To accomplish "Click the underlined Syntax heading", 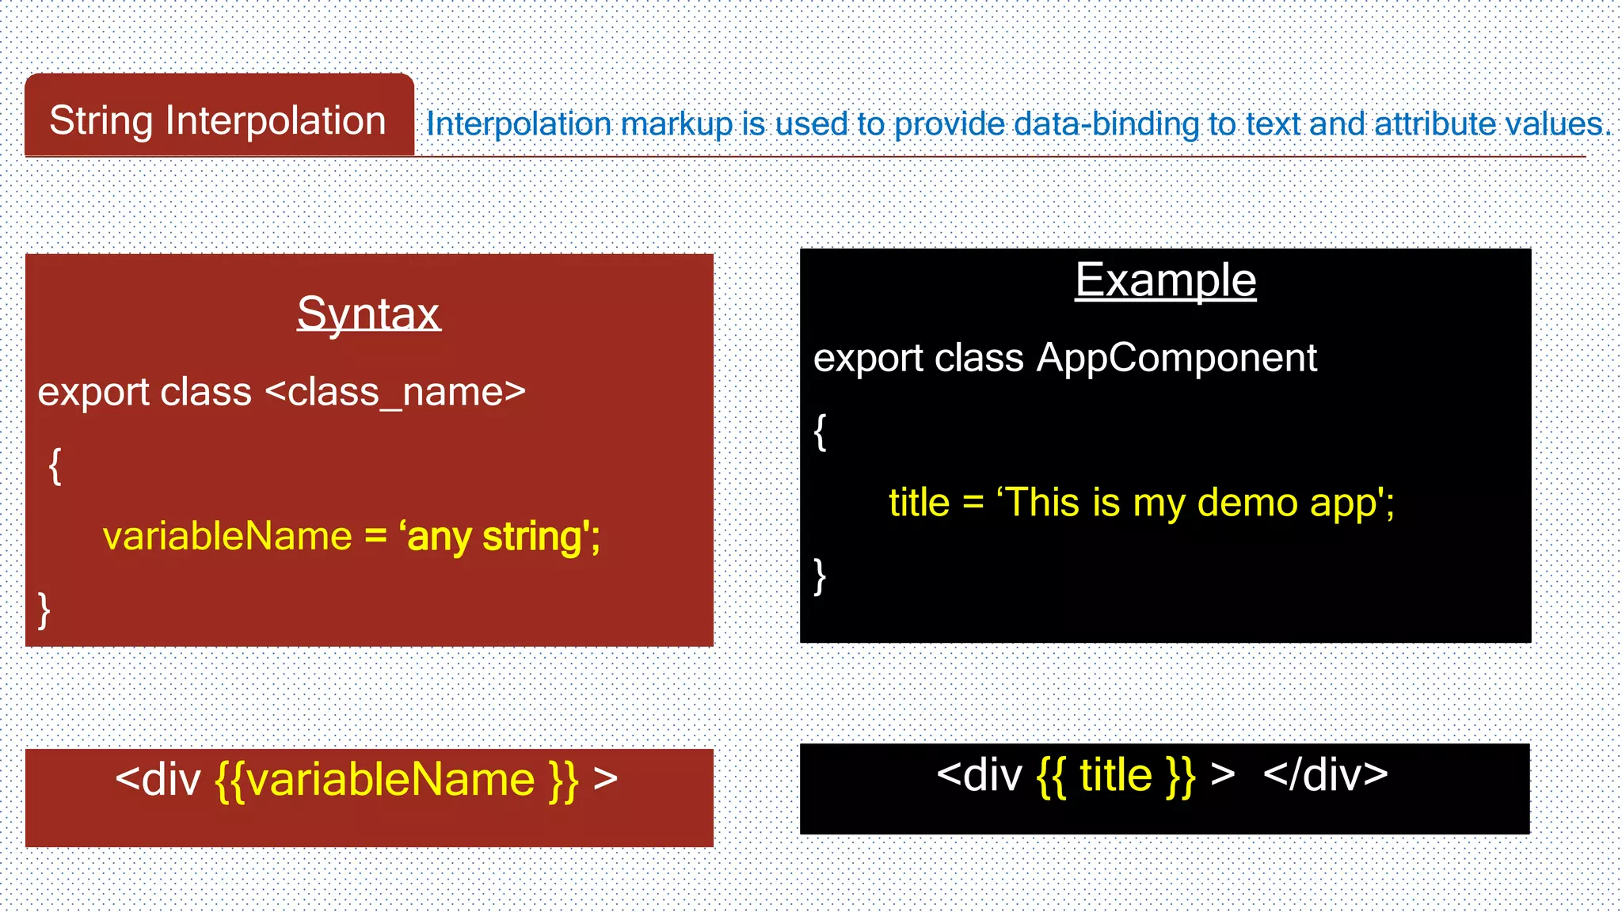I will coord(368,313).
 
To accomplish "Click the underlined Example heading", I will coord(1165,280).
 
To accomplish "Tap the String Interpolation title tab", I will coord(218,121).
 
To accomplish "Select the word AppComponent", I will coord(1177,358).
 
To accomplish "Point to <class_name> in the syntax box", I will coord(395,392).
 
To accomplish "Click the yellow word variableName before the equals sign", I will coord(227,537).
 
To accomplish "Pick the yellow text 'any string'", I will coord(499,537).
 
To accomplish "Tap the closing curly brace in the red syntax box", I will coord(44,610).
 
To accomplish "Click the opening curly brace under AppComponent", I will coord(821,431).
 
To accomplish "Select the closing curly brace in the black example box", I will coord(821,576).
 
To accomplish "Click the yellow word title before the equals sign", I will coord(919,503).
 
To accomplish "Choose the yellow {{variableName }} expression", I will coord(397,780).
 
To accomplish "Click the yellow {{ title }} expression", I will coord(1116,775).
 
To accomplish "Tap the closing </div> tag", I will coord(1325,775).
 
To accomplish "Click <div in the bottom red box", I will coord(158,780).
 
